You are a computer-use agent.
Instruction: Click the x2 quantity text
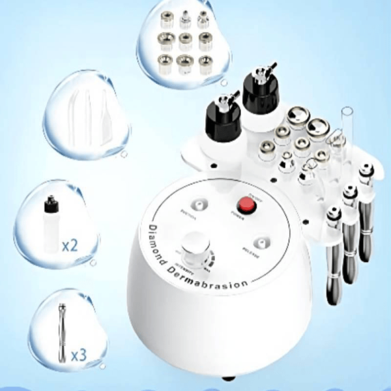coord(70,246)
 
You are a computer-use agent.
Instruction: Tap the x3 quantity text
coord(78,355)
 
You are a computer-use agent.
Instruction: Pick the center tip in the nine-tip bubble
coord(186,41)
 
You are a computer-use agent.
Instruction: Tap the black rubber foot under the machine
coord(227,378)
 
